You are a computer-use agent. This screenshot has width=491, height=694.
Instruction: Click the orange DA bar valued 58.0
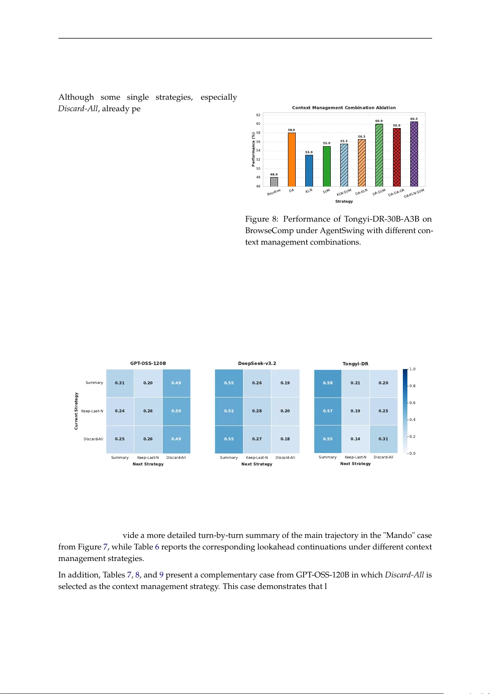click(x=292, y=160)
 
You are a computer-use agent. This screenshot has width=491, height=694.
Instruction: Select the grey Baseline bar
click(x=274, y=182)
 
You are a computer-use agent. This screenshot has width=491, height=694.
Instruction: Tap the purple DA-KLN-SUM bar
click(x=414, y=154)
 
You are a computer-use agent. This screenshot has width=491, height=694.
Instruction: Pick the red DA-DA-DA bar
click(x=397, y=157)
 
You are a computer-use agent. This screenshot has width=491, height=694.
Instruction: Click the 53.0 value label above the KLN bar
click(x=309, y=152)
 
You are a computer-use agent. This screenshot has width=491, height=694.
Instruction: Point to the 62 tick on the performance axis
click(x=258, y=115)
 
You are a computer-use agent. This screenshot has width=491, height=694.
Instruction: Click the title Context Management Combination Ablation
click(x=344, y=107)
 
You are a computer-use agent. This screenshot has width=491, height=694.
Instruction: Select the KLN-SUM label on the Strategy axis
click(x=344, y=193)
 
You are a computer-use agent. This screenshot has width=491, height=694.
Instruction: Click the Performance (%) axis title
click(x=253, y=150)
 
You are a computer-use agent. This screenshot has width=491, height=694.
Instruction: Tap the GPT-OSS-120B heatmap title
click(x=148, y=363)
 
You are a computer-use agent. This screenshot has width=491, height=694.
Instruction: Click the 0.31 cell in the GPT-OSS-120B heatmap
click(x=120, y=383)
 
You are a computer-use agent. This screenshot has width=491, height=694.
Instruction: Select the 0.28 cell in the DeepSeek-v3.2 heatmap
click(x=257, y=411)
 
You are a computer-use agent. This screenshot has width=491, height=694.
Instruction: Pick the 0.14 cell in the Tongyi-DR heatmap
click(x=355, y=439)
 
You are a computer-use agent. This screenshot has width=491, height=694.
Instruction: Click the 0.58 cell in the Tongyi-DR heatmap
click(x=328, y=383)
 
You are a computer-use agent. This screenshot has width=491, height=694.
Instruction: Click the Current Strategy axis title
click(x=76, y=411)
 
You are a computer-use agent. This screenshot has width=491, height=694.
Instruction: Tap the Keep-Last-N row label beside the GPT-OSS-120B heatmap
click(x=92, y=411)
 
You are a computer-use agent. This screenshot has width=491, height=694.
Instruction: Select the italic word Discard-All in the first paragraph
click(x=78, y=109)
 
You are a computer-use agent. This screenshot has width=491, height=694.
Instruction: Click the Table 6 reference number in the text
click(x=157, y=547)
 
